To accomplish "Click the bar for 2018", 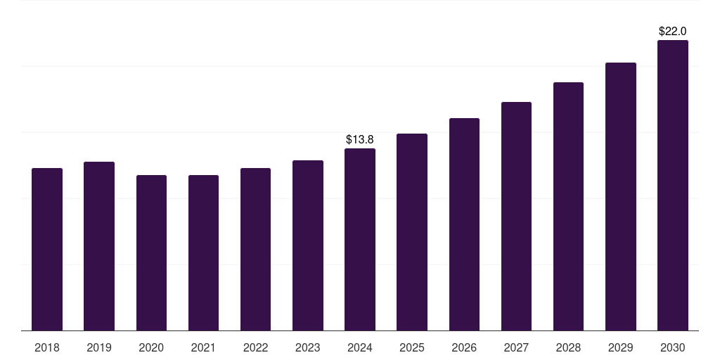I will click(47, 250).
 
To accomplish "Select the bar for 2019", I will click(99, 246).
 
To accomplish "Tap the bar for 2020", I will click(151, 253).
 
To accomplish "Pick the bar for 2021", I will click(203, 253).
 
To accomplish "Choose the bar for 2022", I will click(255, 250).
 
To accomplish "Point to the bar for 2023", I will click(308, 245).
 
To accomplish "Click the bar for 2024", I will click(360, 240).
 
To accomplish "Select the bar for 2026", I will click(464, 224).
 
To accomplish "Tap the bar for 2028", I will click(568, 207).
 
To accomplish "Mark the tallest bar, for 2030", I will click(672, 186).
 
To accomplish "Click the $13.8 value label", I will click(360, 140).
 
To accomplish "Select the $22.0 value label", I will click(672, 32).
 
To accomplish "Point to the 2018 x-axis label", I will click(47, 347).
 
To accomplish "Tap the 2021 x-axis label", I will click(203, 347).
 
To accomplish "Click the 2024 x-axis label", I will click(360, 347).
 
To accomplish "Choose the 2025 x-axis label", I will click(412, 347).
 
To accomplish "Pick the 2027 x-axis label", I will click(516, 347).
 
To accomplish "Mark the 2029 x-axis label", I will click(620, 347).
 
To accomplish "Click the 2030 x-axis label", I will click(672, 347).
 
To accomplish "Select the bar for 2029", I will click(620, 197).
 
